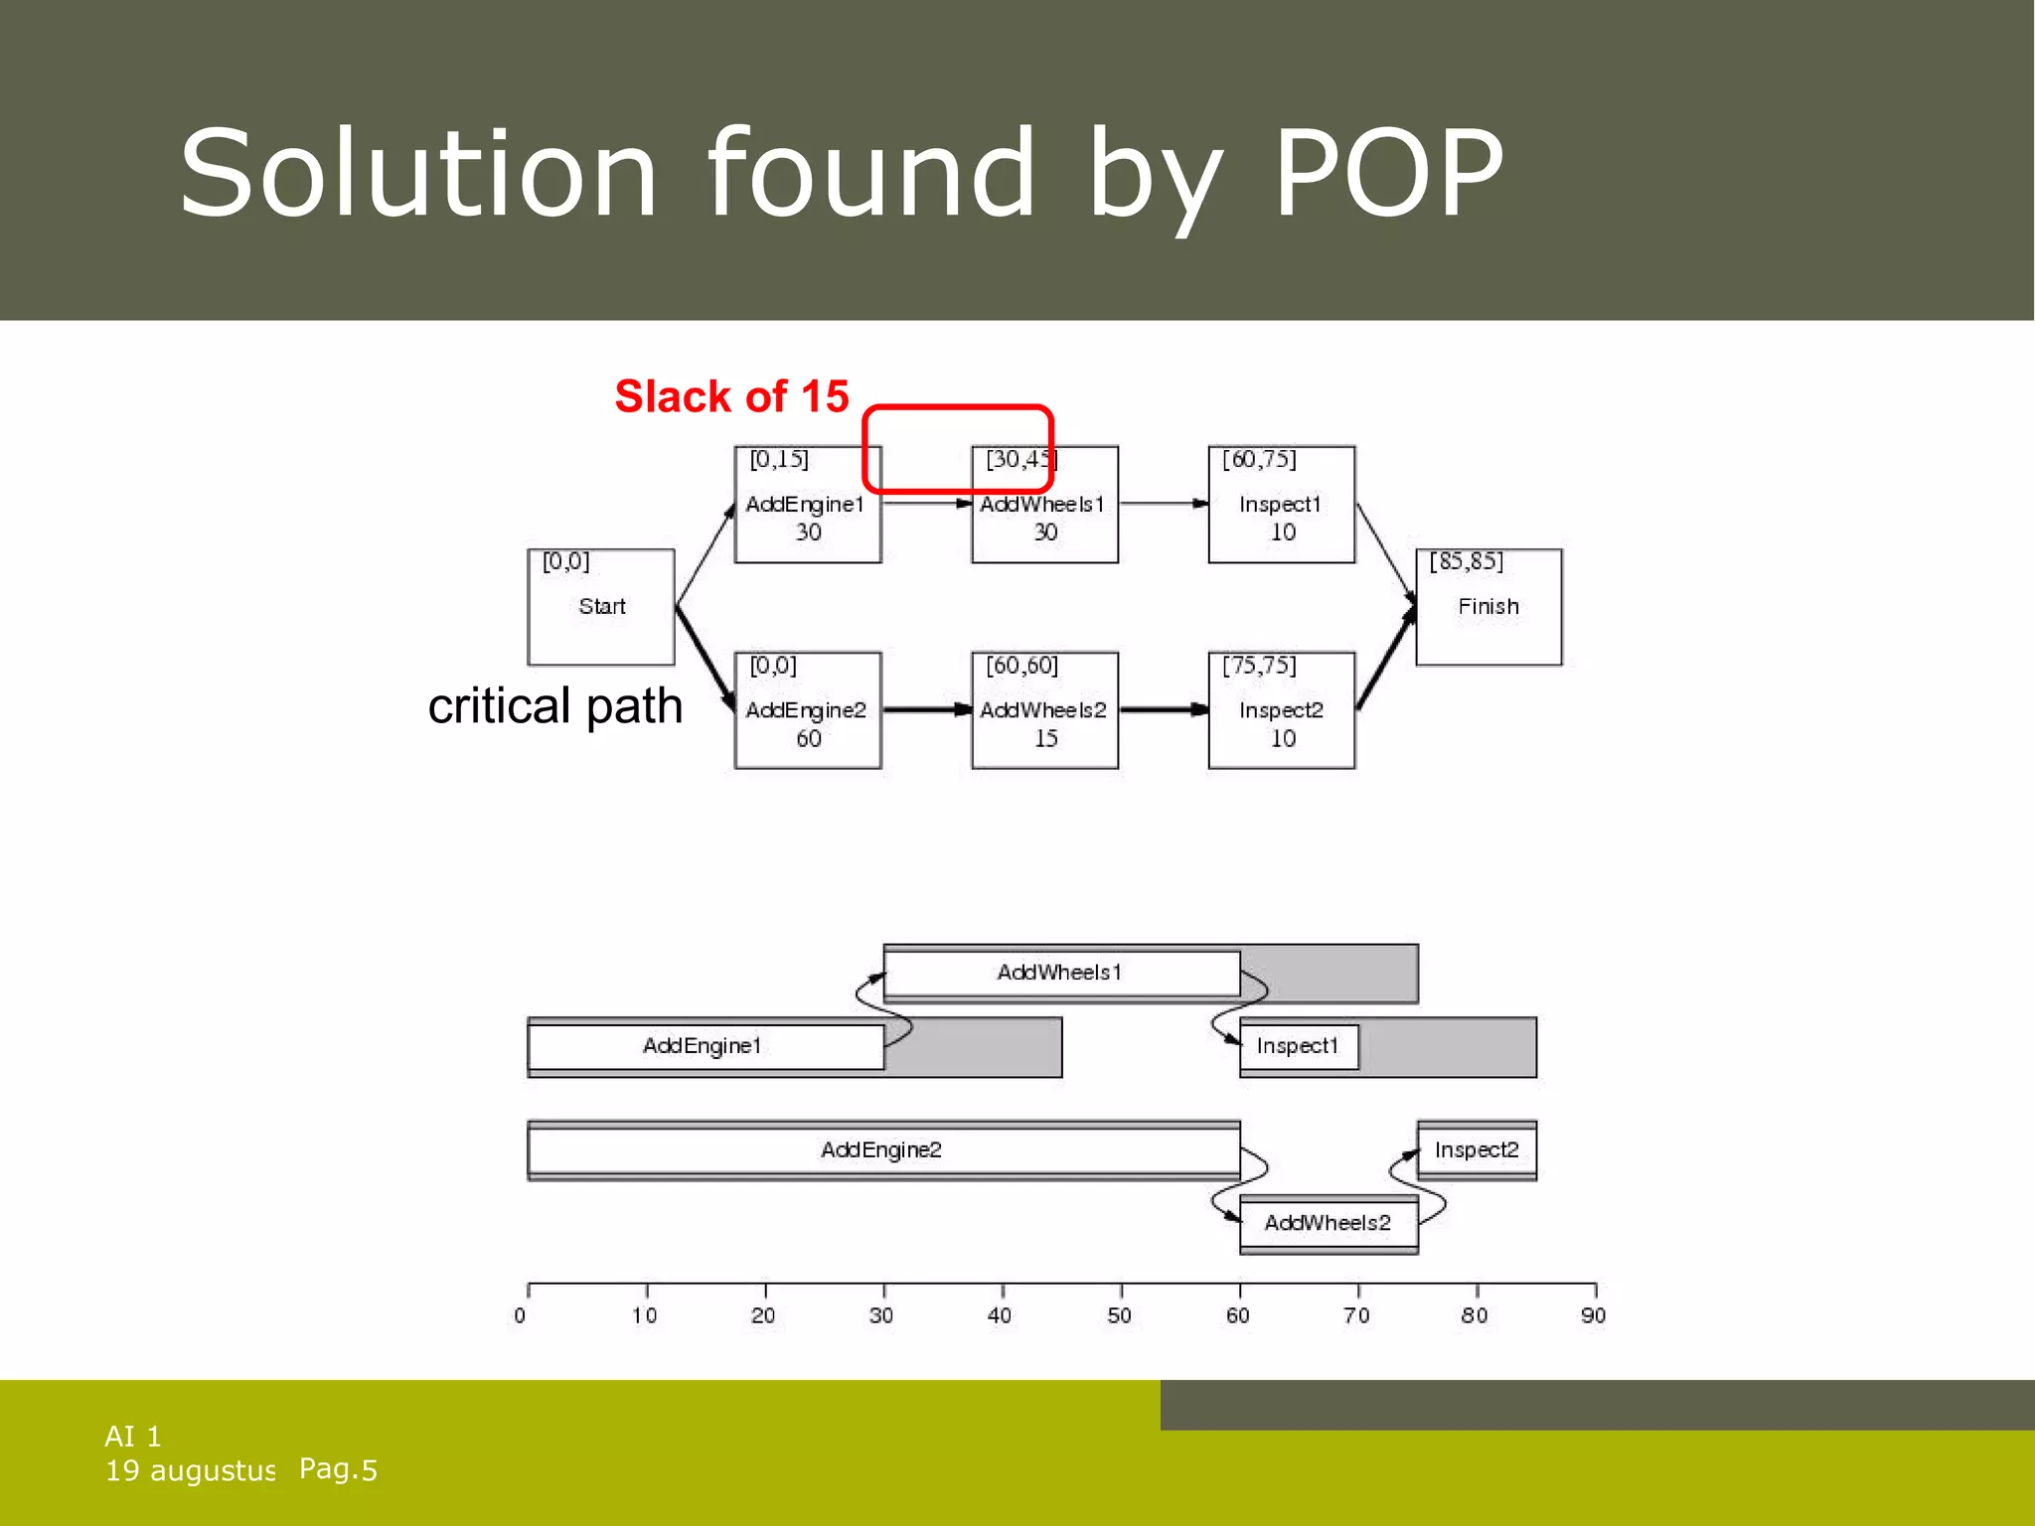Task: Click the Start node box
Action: [601, 607]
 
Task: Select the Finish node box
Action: [1487, 607]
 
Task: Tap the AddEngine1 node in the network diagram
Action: [807, 505]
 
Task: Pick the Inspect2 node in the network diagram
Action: [1281, 710]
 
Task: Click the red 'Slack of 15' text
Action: [731, 396]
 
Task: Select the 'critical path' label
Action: [554, 706]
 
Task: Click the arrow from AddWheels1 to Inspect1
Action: [1163, 504]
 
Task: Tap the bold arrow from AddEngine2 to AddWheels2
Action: [926, 709]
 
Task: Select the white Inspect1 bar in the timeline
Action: [1298, 1046]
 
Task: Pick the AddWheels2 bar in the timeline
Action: [1328, 1223]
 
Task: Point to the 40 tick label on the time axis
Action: [1000, 1316]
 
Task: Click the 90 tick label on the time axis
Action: [1593, 1316]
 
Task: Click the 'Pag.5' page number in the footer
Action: [338, 1469]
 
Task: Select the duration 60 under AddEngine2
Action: [808, 738]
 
